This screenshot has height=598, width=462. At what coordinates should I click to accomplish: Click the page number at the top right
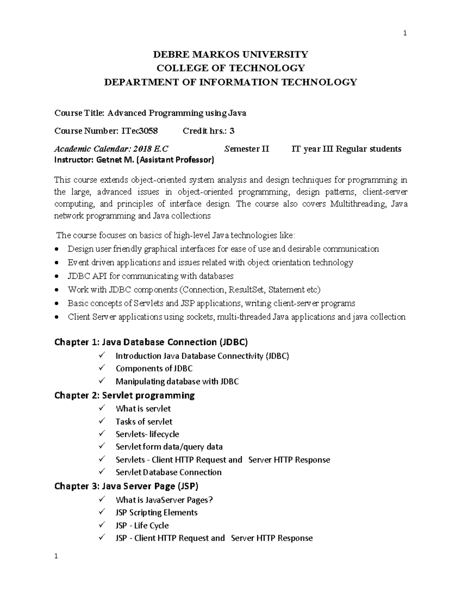click(x=405, y=33)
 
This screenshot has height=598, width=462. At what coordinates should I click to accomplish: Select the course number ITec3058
click(x=139, y=131)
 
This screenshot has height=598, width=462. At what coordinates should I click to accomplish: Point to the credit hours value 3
click(x=232, y=131)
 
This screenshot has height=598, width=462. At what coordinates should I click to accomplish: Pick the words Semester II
click(x=247, y=149)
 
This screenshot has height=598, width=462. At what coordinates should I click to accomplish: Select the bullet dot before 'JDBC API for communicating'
click(x=57, y=276)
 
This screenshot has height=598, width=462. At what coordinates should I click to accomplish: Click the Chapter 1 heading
click(x=151, y=342)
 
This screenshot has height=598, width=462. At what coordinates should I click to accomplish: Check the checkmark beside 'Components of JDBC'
click(x=102, y=368)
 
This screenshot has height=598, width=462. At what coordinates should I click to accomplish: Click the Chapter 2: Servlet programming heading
click(x=124, y=395)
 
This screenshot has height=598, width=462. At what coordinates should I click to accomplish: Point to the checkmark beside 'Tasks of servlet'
click(x=102, y=421)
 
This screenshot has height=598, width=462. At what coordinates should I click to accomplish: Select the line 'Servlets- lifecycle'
click(x=147, y=434)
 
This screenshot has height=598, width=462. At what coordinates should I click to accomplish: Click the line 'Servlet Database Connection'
click(x=168, y=472)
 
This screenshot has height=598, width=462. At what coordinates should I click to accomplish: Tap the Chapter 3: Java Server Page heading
click(x=126, y=486)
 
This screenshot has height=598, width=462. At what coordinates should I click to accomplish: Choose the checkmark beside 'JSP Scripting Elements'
click(x=102, y=512)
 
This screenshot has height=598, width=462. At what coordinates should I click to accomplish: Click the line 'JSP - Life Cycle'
click(x=142, y=526)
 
